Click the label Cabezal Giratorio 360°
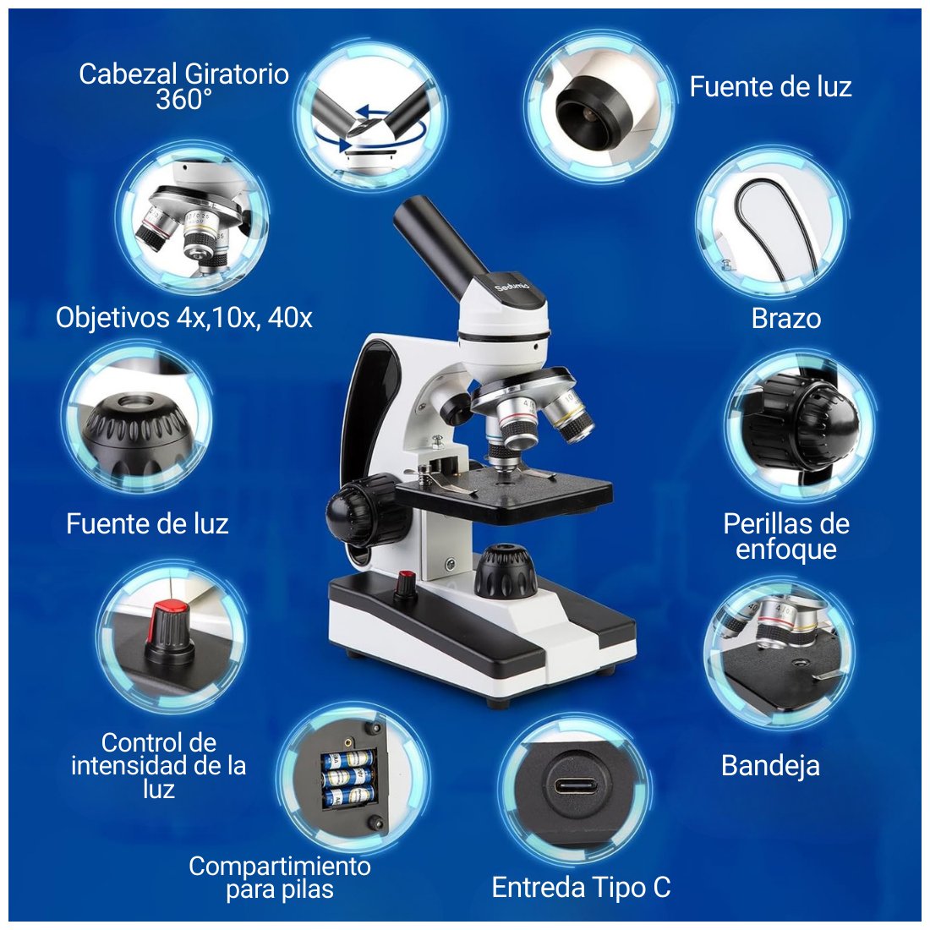[x=183, y=86]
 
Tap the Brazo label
[x=786, y=319]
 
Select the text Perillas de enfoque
[x=786, y=536]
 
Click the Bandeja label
[x=770, y=766]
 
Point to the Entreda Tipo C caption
[x=582, y=888]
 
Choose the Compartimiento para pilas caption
[x=280, y=878]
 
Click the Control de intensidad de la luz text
[x=158, y=766]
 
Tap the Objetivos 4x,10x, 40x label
[x=183, y=318]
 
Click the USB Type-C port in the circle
[x=574, y=787]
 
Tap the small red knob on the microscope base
[x=407, y=584]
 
